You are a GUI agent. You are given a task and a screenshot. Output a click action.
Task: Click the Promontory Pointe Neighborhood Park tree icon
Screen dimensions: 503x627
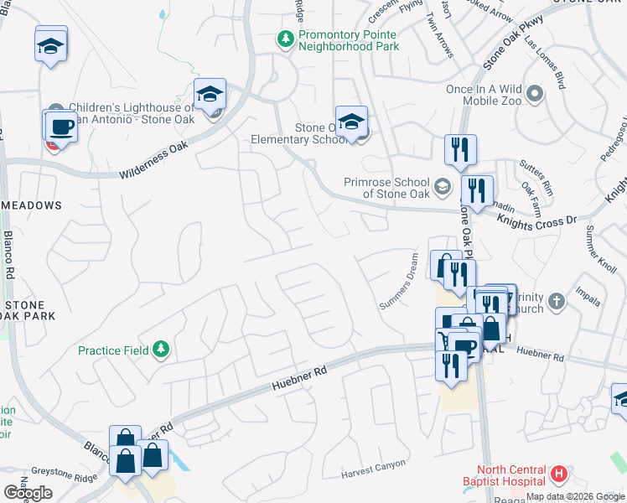(286, 39)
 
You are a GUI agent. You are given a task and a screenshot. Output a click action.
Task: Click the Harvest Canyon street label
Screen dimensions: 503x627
(373, 469)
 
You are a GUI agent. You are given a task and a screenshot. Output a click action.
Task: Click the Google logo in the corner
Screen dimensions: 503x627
(28, 492)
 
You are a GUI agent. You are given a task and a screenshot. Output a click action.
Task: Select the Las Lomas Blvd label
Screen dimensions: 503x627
(544, 61)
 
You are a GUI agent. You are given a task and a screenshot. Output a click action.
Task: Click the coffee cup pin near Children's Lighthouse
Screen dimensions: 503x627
(60, 127)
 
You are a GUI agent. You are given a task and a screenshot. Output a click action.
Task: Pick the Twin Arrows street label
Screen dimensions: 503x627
(441, 36)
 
